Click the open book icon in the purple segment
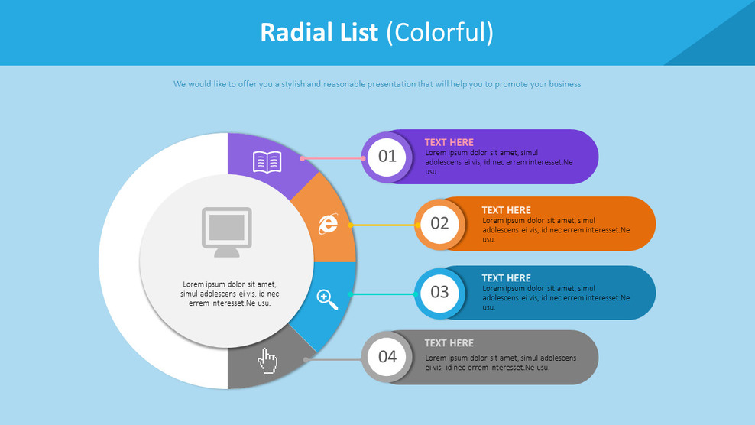click(267, 162)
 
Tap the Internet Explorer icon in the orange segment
click(328, 223)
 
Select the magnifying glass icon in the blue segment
click(327, 299)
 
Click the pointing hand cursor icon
click(267, 360)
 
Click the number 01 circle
click(387, 157)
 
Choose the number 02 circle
click(439, 223)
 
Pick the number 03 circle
click(439, 291)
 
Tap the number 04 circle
click(387, 356)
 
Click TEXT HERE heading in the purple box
click(449, 142)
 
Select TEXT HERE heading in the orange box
click(506, 210)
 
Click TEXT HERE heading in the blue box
click(506, 278)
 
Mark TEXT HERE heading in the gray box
click(449, 343)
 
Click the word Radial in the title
click(287, 32)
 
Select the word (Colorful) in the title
click(439, 33)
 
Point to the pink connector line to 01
click(333, 158)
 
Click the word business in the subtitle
click(563, 84)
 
